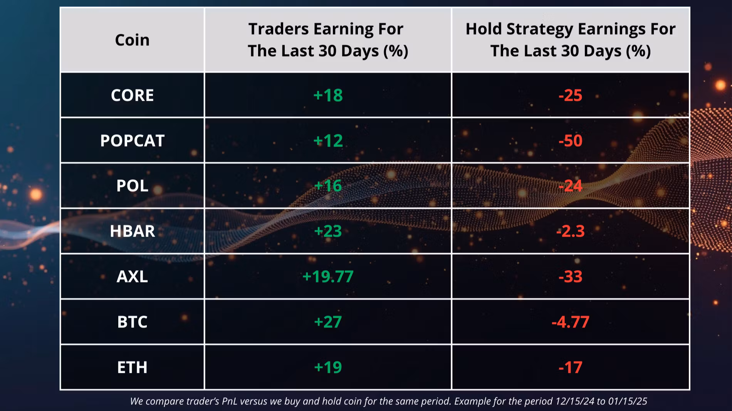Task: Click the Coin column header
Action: (x=132, y=40)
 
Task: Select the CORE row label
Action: (x=132, y=95)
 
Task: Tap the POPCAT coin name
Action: (x=132, y=141)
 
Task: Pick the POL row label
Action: (x=132, y=186)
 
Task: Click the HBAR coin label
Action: (x=132, y=231)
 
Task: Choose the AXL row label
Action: (x=132, y=277)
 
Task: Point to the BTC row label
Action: (x=132, y=322)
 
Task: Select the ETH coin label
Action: (x=132, y=368)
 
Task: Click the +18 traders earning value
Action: (x=328, y=95)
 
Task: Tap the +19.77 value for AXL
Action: (x=328, y=277)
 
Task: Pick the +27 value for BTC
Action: (x=328, y=322)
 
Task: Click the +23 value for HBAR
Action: (x=328, y=231)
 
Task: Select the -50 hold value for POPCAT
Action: (x=571, y=141)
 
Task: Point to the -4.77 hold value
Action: (x=571, y=322)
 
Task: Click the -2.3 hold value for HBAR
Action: (x=571, y=231)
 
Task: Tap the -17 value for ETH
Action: (x=571, y=368)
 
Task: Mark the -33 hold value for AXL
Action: (x=571, y=277)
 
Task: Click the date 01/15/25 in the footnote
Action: (x=628, y=401)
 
